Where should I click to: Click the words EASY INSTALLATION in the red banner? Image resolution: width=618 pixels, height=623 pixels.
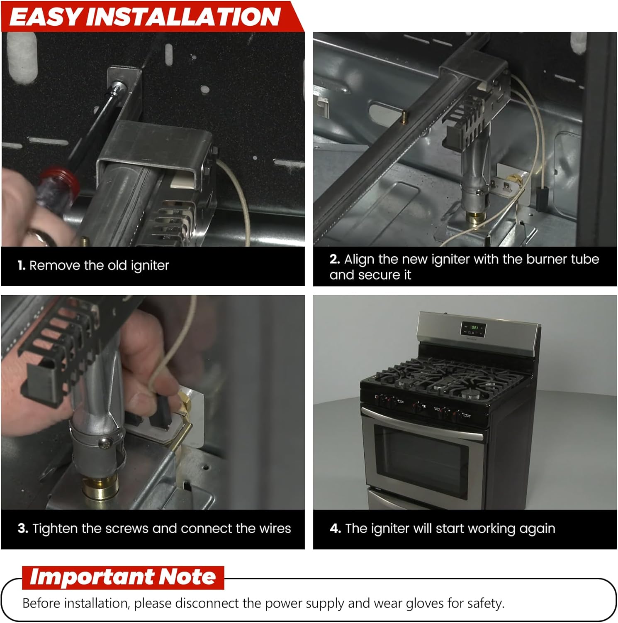coord(145,17)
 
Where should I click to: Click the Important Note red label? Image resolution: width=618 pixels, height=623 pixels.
coord(123,577)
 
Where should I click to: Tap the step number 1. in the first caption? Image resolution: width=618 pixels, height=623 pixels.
coord(22,265)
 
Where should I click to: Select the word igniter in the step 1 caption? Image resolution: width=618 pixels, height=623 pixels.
coord(150,266)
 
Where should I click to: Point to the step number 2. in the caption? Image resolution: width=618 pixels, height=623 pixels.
coord(335,259)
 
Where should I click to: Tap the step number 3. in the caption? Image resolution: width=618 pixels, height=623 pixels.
coord(23,528)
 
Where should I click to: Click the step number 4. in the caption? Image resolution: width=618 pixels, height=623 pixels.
coord(336,528)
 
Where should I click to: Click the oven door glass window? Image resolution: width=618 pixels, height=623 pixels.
coord(421,461)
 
